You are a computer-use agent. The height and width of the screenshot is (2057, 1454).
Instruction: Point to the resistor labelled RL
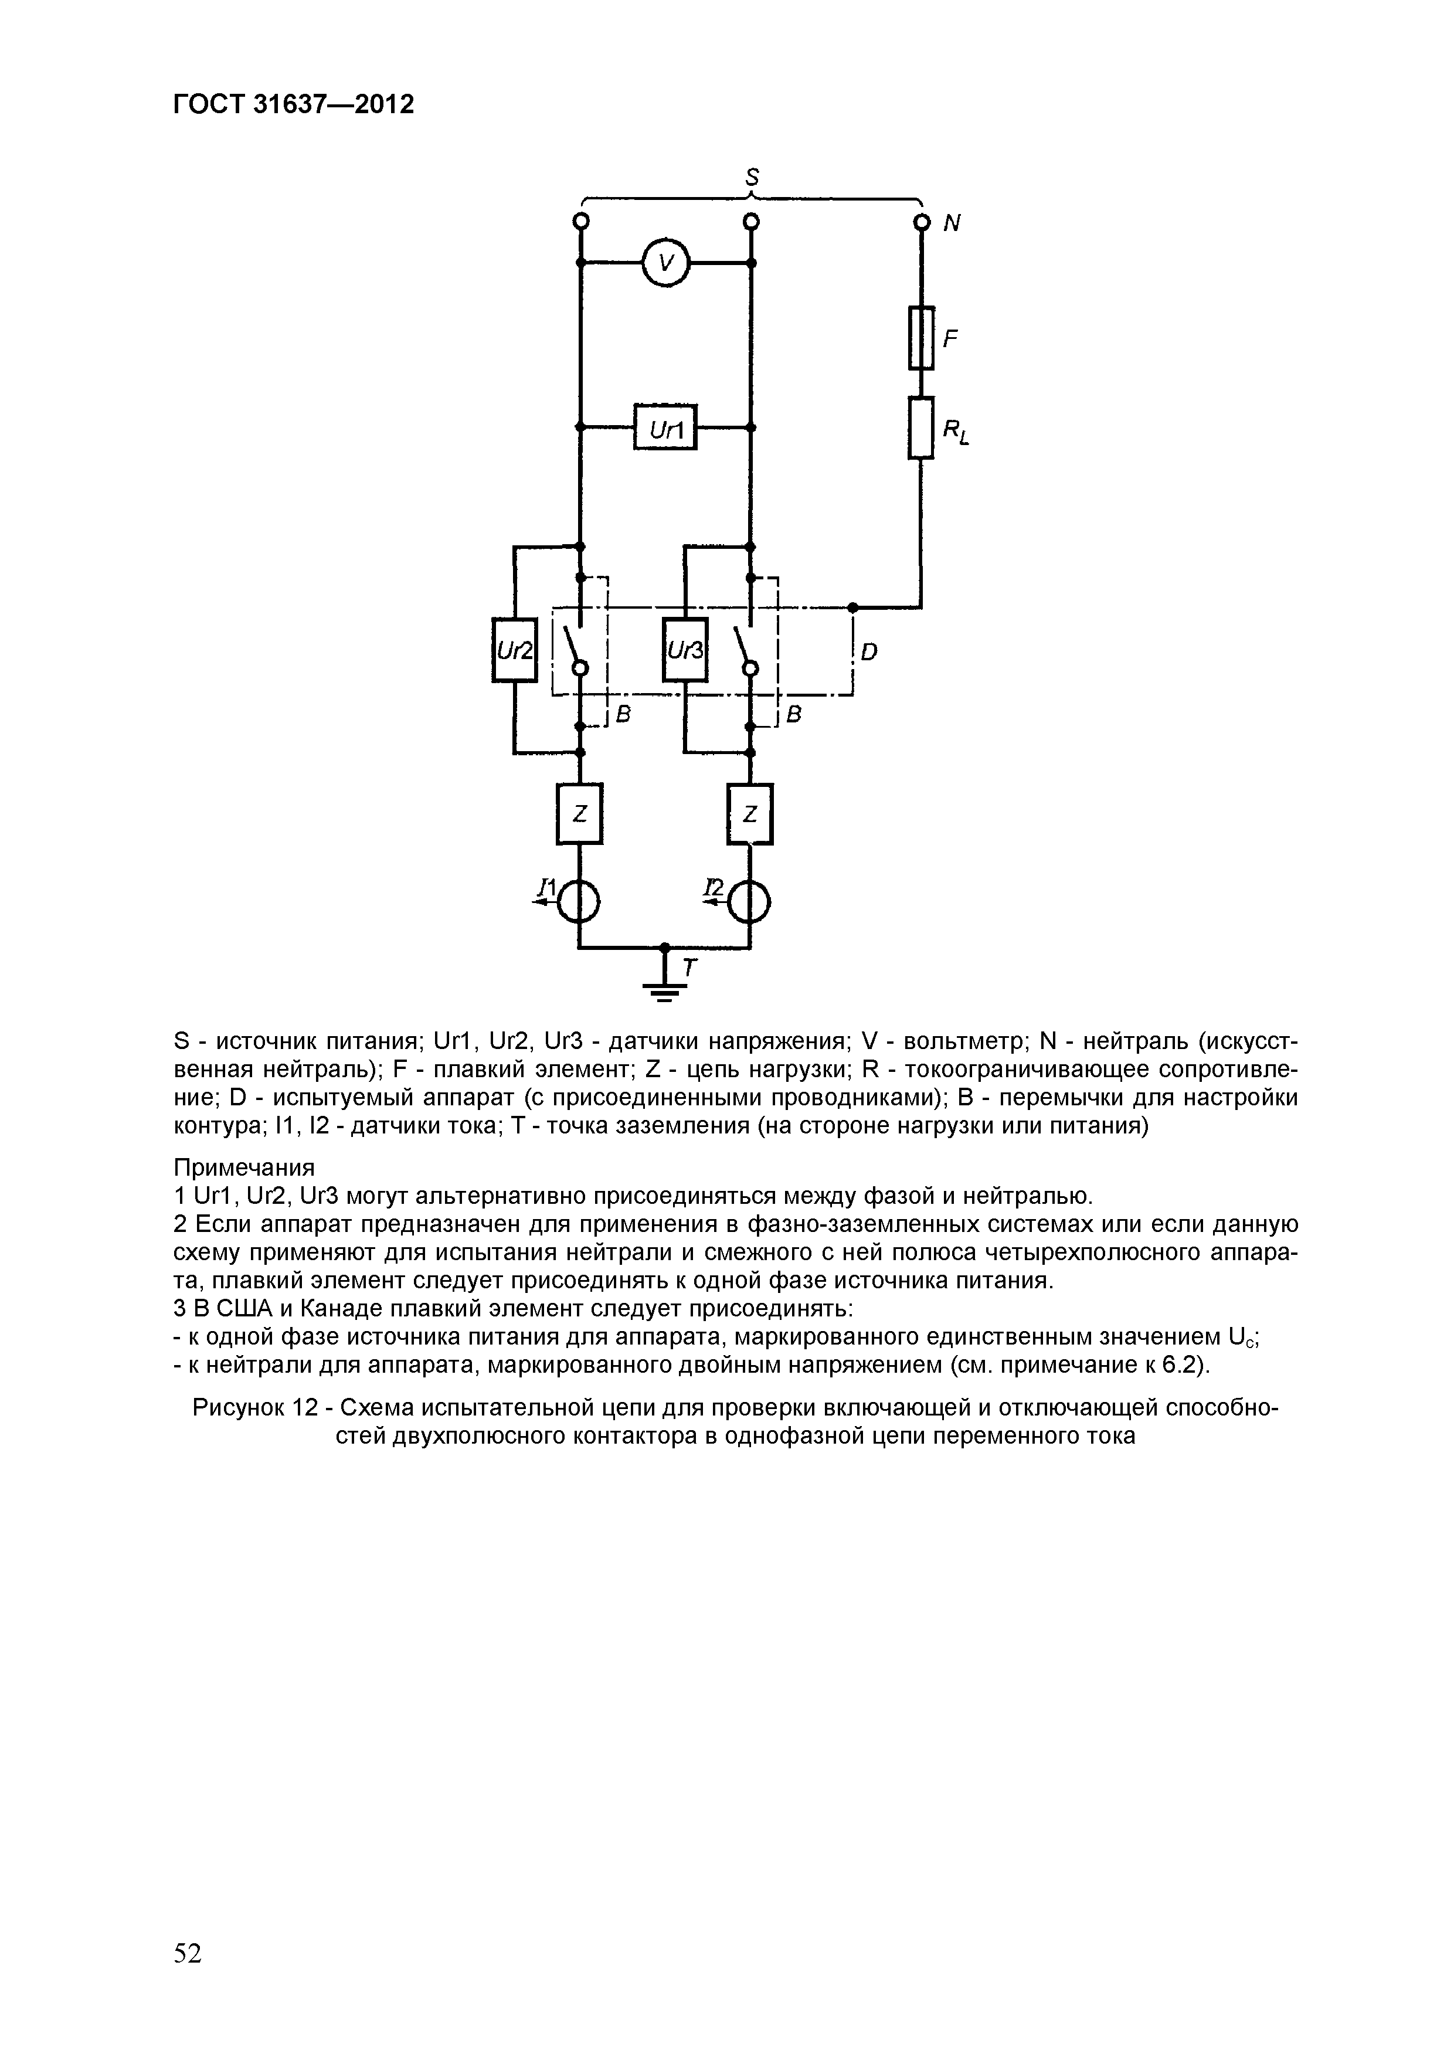point(921,428)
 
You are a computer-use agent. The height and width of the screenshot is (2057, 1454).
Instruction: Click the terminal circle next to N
point(921,221)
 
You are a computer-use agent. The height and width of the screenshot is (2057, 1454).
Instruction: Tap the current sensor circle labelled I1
point(580,901)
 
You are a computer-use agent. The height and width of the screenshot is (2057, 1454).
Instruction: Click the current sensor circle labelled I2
point(750,901)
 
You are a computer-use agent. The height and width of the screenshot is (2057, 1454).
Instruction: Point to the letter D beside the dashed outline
point(868,652)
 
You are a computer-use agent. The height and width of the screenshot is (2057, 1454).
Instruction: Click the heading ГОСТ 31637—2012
point(293,106)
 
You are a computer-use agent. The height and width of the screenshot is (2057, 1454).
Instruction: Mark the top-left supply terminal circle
point(580,221)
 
